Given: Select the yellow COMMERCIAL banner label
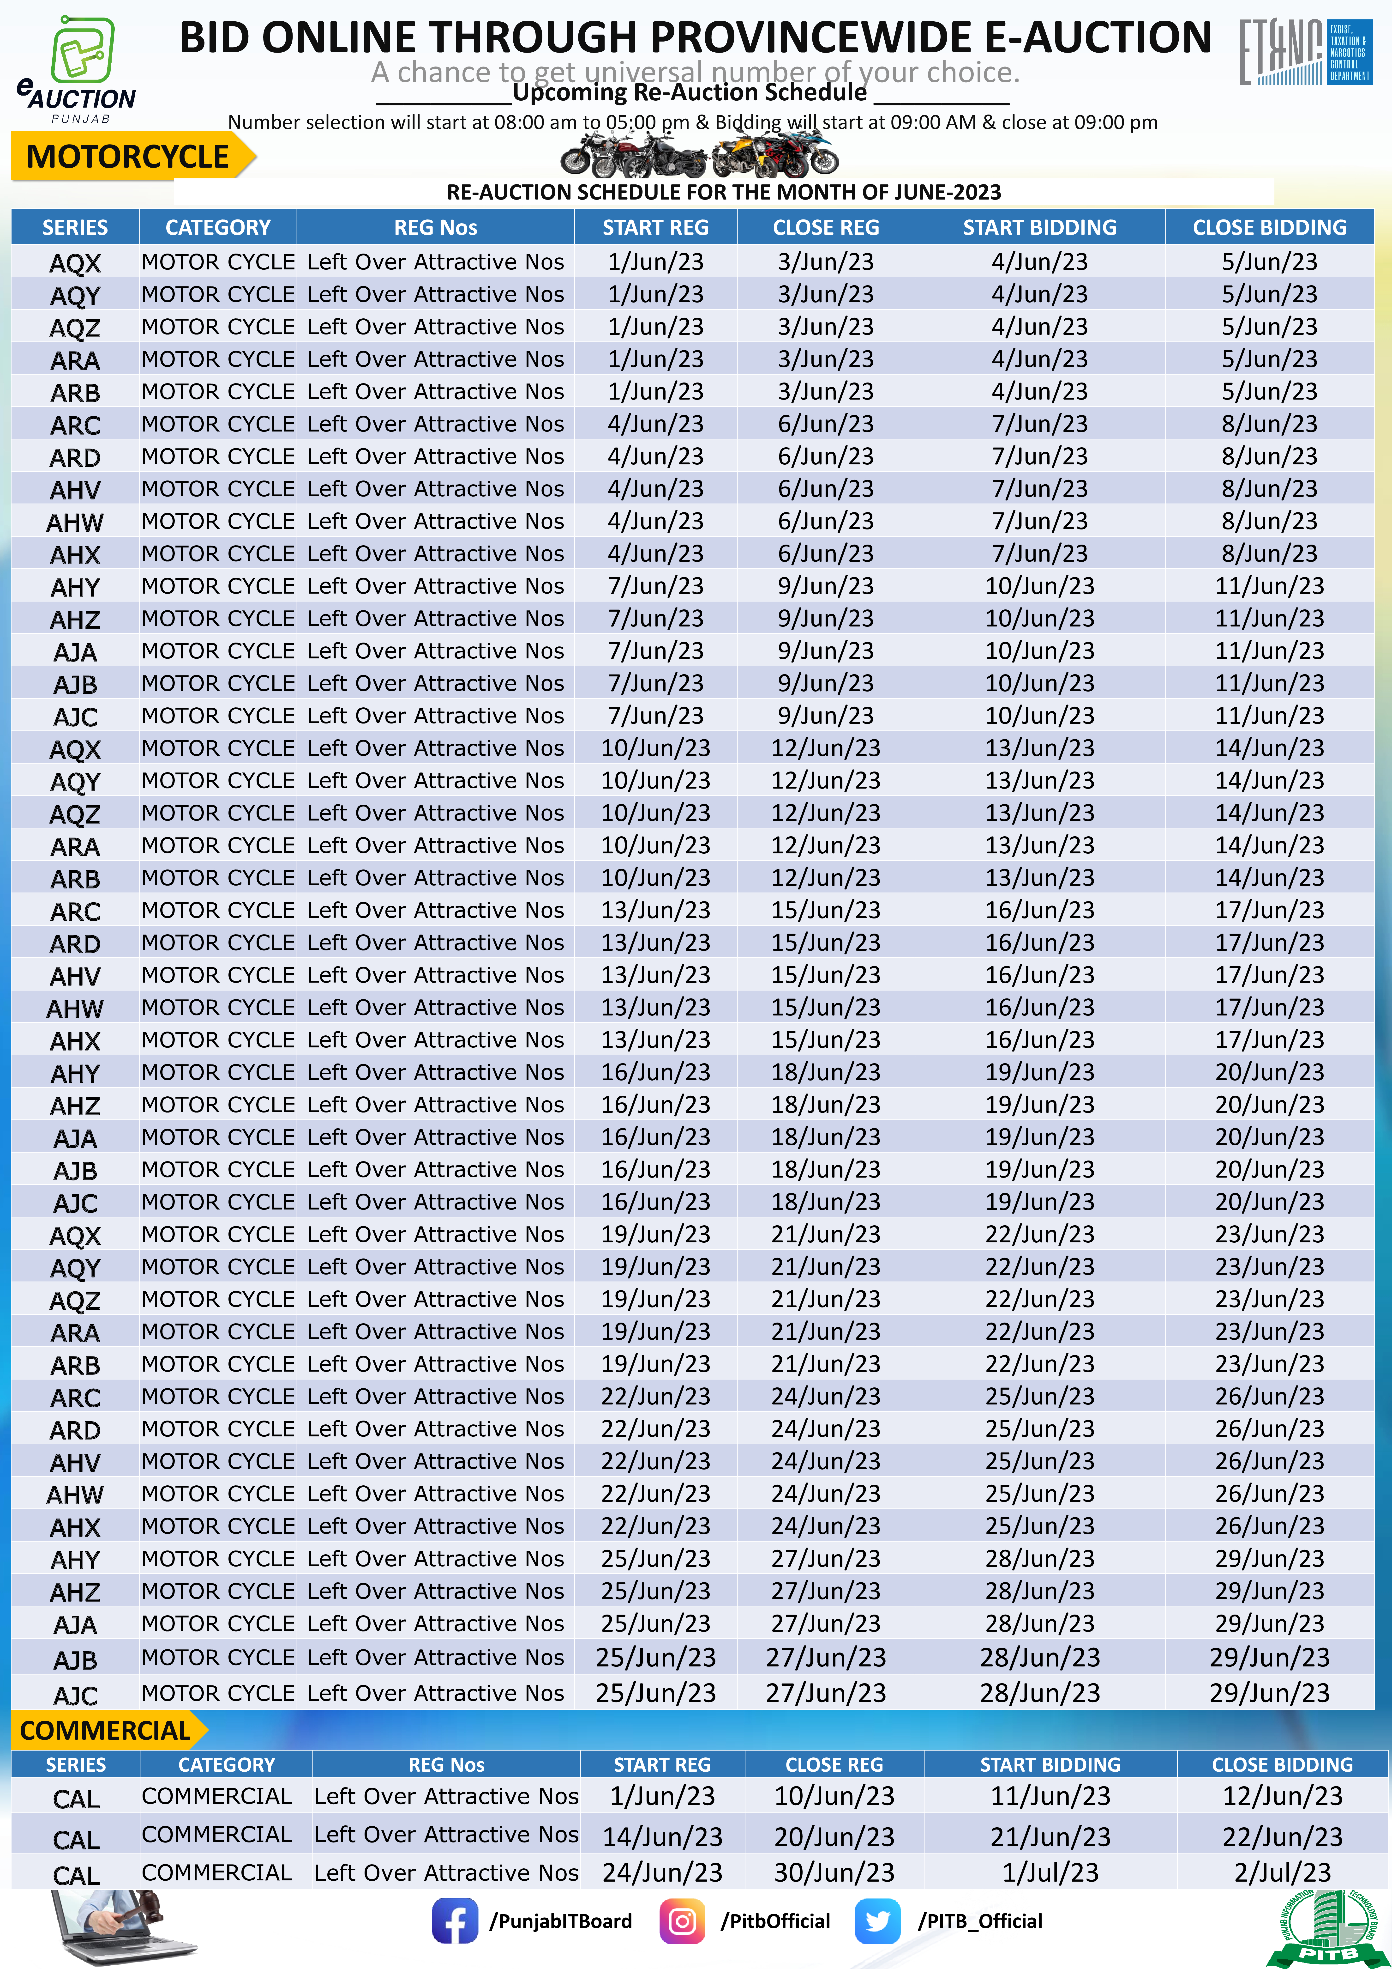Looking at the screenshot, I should coord(105,1731).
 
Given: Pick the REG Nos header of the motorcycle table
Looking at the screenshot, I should coord(435,227).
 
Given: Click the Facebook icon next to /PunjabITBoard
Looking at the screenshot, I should coord(454,1921).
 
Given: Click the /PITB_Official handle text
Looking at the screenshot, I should coord(980,1921).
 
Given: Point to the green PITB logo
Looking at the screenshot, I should coord(1327,1930).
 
